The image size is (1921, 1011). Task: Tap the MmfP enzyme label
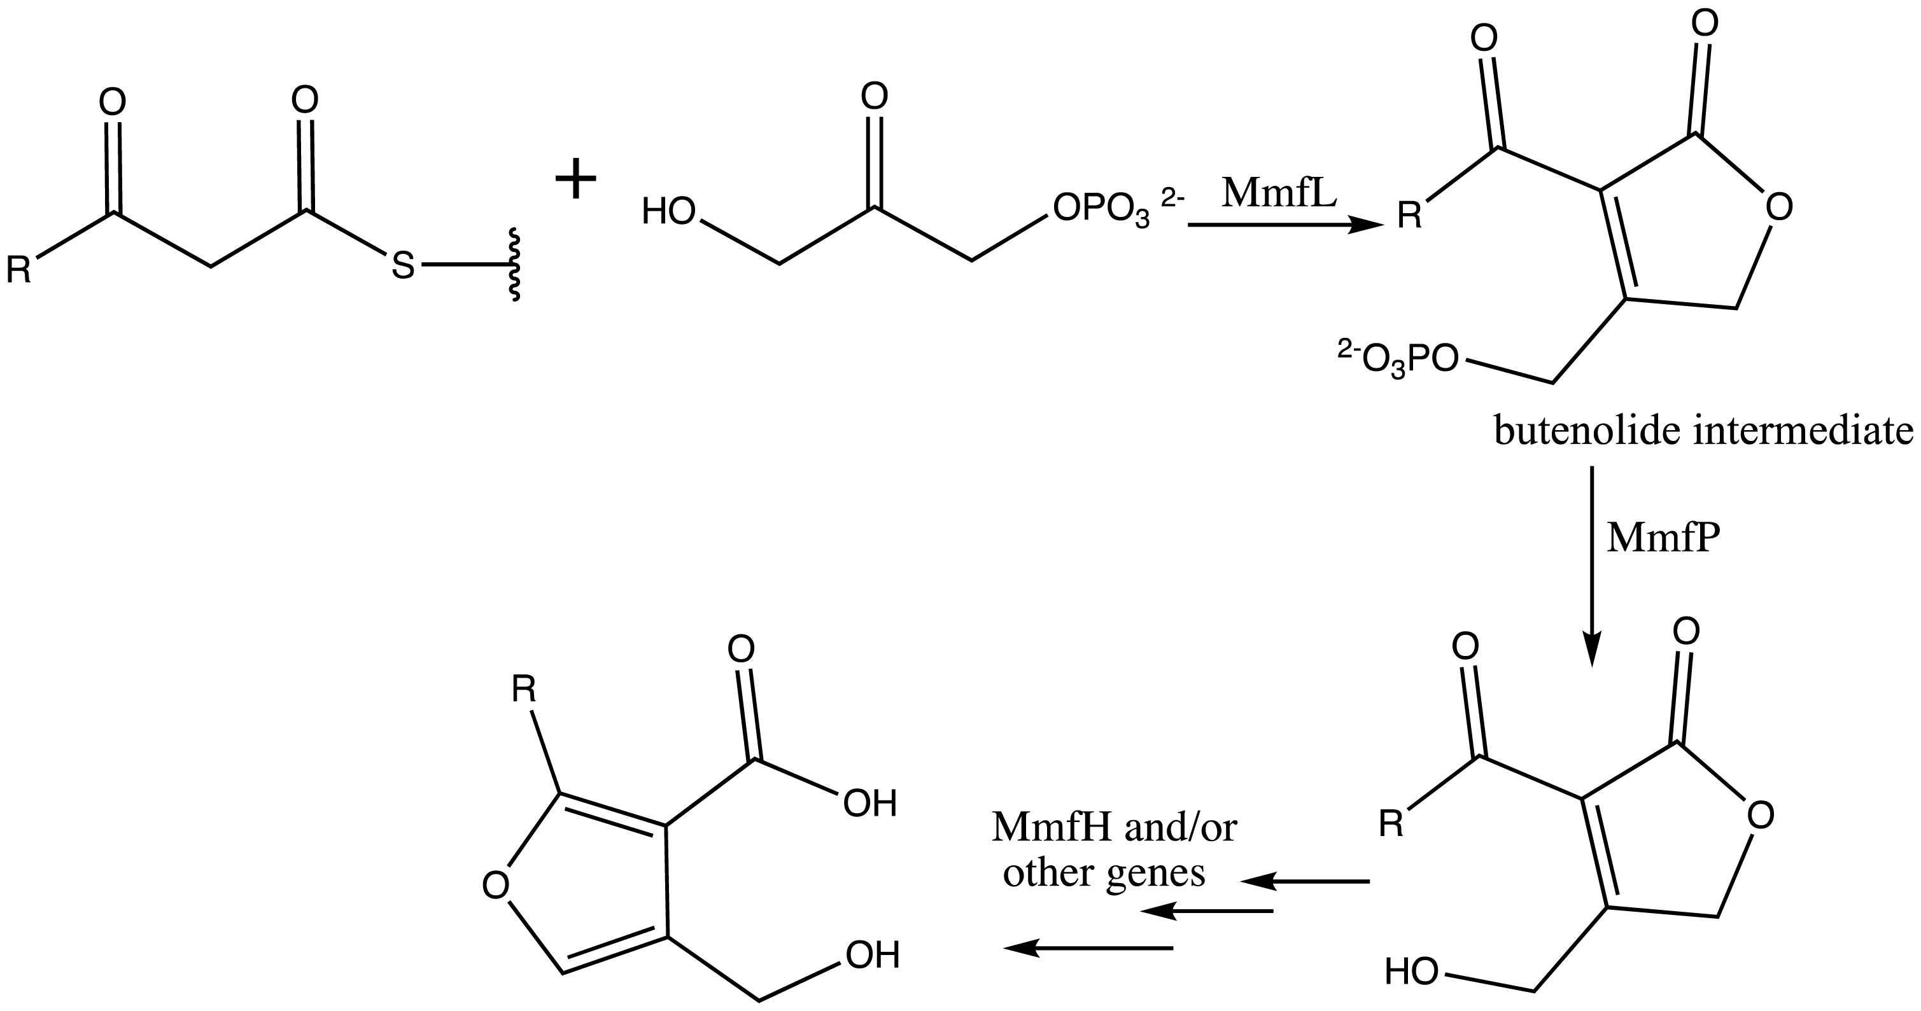coord(1663,538)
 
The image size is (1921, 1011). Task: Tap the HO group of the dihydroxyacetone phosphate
coord(668,212)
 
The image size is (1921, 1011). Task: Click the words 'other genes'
coord(1104,872)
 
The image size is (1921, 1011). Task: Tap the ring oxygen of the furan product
coord(495,885)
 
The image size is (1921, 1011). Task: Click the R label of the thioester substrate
coord(18,270)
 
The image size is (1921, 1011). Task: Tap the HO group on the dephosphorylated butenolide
coord(1411,972)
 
